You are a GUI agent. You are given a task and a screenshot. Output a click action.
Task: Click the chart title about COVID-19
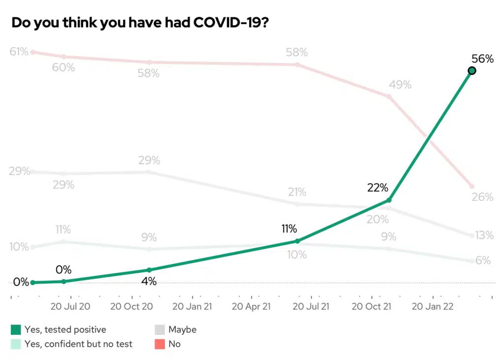(x=139, y=23)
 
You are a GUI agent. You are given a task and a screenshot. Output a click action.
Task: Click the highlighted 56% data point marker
(x=472, y=71)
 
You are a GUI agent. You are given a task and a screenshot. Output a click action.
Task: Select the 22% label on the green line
(x=378, y=188)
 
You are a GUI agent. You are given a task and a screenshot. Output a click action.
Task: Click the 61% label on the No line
(x=19, y=51)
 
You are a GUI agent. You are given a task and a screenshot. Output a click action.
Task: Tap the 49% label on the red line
(x=400, y=85)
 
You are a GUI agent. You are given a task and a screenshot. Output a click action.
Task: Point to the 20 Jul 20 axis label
(x=70, y=306)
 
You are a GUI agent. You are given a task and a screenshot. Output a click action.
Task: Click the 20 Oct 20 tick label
(x=131, y=306)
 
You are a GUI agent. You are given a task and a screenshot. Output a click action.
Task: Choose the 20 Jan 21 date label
(x=192, y=306)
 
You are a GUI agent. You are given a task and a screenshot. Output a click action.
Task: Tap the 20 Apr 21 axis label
(x=251, y=306)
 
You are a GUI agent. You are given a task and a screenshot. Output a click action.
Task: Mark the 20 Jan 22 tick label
(x=432, y=306)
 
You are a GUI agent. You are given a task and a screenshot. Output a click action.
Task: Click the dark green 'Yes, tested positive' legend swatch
(x=16, y=329)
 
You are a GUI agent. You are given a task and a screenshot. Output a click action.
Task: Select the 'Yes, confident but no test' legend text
(x=79, y=344)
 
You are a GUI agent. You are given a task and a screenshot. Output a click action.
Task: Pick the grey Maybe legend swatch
(x=160, y=329)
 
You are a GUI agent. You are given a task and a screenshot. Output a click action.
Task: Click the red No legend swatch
(x=160, y=344)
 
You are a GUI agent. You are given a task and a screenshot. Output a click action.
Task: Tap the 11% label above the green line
(x=289, y=229)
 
